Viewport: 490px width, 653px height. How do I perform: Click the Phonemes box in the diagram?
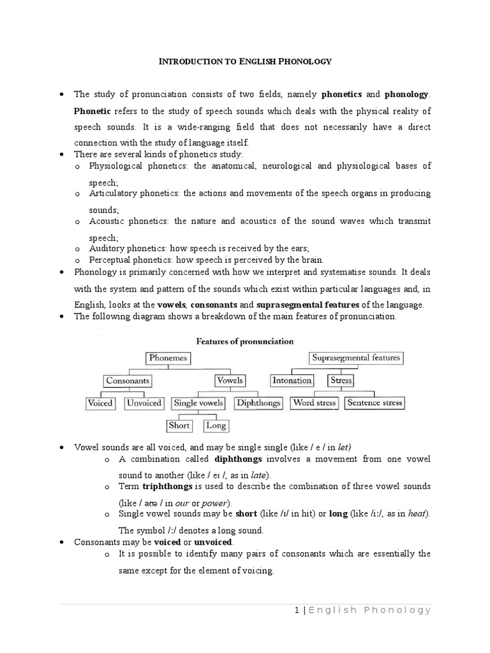tap(168, 358)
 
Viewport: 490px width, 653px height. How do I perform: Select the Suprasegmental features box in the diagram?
tap(356, 358)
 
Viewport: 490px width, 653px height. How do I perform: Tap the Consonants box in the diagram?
tap(128, 381)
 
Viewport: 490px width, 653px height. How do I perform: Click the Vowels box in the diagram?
tap(230, 381)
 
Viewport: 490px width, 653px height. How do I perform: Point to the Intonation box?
tap(292, 381)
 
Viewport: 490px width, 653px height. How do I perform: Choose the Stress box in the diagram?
tap(341, 381)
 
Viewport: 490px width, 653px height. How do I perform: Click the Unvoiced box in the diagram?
tap(144, 403)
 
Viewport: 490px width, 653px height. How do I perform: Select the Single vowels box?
tap(198, 403)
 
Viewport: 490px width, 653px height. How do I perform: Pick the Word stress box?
tap(314, 403)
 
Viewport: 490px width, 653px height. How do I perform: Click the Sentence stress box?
tap(374, 403)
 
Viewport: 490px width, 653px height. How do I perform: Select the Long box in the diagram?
tap(216, 425)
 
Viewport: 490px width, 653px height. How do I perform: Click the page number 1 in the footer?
tap(297, 610)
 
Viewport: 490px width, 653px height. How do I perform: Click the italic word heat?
tap(414, 515)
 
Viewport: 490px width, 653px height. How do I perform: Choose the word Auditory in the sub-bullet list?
tap(107, 248)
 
